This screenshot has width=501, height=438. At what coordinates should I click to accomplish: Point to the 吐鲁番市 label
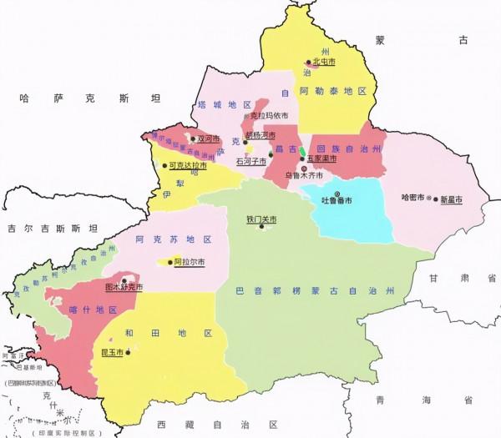(338, 200)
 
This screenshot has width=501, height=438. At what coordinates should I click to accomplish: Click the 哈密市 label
(413, 199)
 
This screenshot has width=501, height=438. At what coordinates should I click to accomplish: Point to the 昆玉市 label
(110, 353)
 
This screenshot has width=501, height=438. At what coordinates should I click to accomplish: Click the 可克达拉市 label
(188, 165)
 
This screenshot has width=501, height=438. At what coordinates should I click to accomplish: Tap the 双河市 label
(208, 139)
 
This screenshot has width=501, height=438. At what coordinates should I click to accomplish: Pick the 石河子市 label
(250, 160)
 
